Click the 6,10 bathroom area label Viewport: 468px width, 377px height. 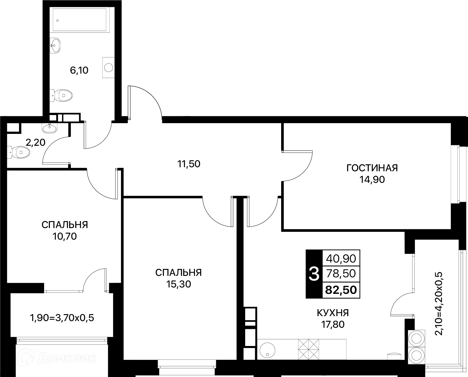[79, 70]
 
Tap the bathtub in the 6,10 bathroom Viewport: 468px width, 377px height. [79, 20]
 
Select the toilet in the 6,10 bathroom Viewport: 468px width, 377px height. [61, 95]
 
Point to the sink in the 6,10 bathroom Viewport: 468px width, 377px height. [55, 45]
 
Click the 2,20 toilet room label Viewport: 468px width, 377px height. [35, 143]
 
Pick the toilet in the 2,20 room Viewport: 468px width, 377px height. [18, 152]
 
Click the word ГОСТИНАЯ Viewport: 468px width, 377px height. [372, 168]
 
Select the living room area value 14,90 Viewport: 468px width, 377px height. [372, 180]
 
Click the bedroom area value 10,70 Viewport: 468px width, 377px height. [65, 236]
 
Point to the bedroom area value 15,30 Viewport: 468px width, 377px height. [178, 284]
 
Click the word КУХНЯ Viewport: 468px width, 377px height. [333, 313]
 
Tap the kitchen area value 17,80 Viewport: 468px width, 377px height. [333, 325]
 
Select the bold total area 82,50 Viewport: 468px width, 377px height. [341, 290]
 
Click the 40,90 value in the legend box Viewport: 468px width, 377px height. [341, 259]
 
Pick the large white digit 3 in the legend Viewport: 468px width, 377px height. [314, 274]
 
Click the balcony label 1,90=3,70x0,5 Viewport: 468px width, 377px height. [62, 318]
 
